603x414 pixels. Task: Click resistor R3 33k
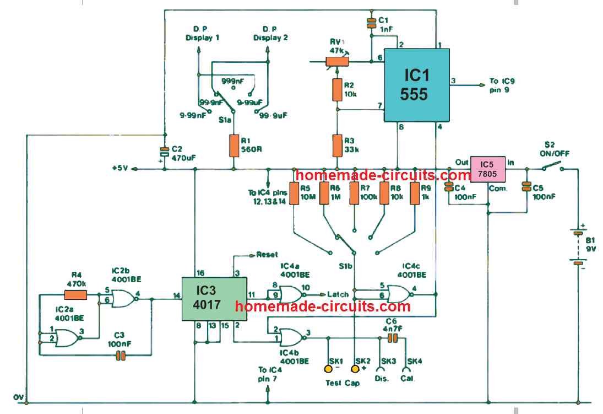point(337,146)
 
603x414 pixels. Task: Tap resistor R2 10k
point(337,89)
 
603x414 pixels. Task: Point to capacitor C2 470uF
point(164,152)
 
